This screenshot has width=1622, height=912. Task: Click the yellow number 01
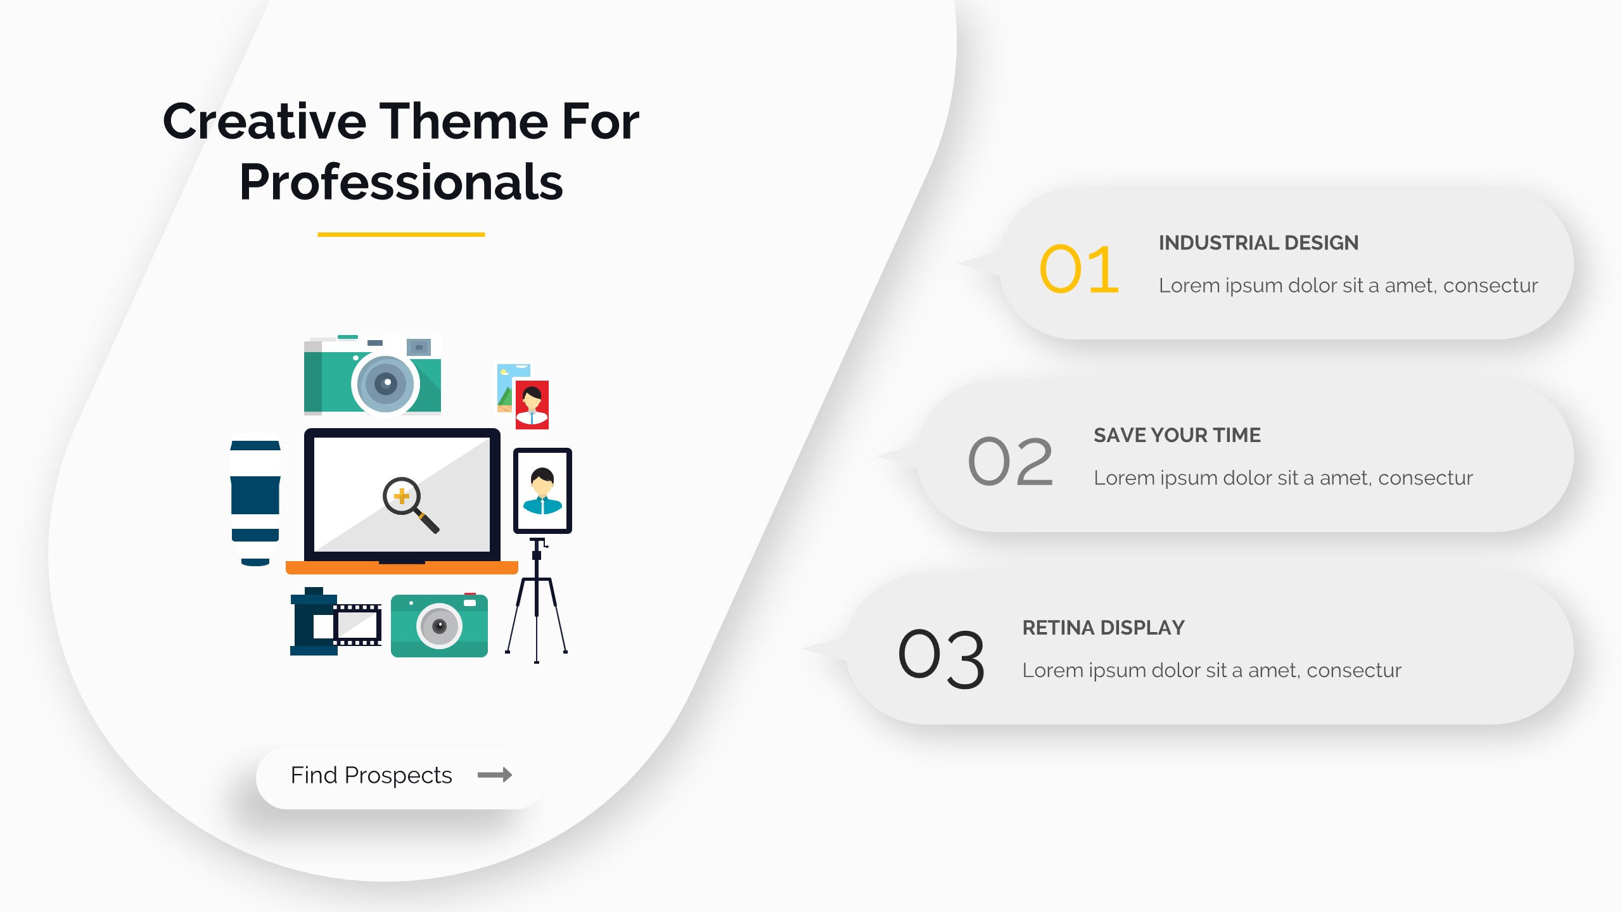(1079, 269)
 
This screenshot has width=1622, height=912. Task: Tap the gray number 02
(1010, 462)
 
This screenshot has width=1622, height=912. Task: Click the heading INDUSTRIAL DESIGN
(1258, 243)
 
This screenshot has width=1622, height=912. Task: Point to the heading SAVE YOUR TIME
(1177, 435)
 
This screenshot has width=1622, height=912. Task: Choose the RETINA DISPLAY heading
(1103, 628)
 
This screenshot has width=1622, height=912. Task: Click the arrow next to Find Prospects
(495, 775)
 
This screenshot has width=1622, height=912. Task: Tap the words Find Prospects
(371, 775)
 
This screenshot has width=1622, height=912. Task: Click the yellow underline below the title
(401, 234)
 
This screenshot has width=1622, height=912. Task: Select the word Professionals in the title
(401, 182)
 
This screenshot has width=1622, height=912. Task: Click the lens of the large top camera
(385, 383)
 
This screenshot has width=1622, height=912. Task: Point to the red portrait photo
(532, 405)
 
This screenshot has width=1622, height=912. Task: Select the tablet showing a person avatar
(542, 491)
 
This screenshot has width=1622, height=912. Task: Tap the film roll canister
(313, 621)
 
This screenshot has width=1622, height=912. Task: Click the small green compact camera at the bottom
(439, 625)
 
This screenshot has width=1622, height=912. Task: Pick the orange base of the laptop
(402, 567)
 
